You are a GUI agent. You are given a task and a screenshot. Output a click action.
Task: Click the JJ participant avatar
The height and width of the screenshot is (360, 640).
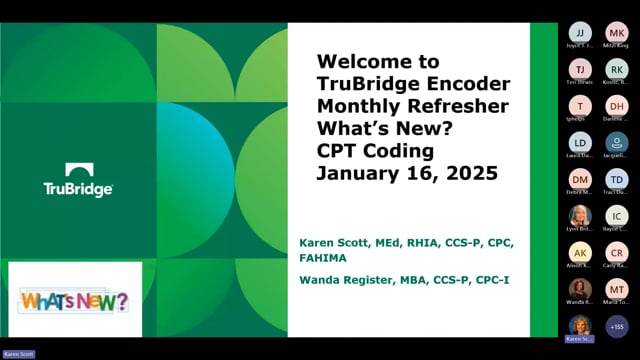(580, 33)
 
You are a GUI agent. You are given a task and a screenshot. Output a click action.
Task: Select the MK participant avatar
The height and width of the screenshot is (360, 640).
(617, 33)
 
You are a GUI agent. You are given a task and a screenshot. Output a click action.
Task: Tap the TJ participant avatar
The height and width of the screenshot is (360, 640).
(580, 69)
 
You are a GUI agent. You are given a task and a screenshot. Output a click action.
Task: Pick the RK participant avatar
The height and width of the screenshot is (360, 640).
(617, 69)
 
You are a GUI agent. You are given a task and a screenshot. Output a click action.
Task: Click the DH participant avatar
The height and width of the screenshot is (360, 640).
(617, 106)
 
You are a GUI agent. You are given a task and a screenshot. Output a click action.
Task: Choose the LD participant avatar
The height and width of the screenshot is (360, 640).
(580, 142)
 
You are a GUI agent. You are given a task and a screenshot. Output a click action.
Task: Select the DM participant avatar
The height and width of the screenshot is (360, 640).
(580, 179)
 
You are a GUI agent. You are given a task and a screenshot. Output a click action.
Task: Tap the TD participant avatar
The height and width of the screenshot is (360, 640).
(617, 179)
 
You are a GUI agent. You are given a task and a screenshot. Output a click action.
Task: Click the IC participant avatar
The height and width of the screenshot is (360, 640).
(617, 215)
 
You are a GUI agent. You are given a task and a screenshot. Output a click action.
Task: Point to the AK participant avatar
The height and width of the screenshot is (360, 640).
(580, 252)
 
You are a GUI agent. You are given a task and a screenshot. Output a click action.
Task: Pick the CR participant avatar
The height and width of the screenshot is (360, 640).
(617, 252)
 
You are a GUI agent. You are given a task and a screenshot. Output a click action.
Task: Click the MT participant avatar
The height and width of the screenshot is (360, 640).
(617, 288)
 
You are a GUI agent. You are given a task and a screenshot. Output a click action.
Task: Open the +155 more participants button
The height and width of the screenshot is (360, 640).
(617, 325)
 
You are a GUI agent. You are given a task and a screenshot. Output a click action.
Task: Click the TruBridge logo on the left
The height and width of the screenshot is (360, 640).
(78, 180)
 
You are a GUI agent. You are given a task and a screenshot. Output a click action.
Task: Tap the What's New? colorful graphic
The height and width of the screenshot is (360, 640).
(75, 300)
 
